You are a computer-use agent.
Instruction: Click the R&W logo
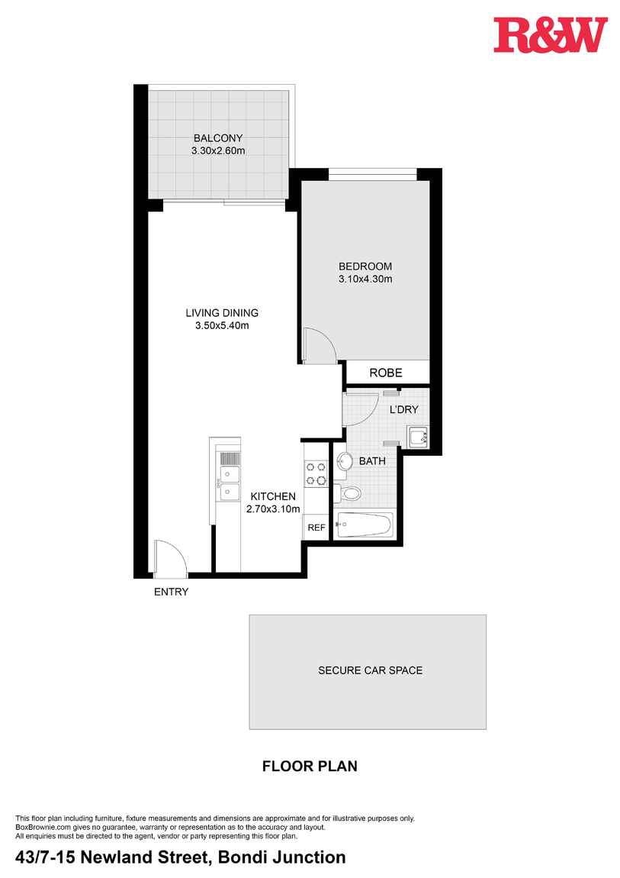click(x=551, y=36)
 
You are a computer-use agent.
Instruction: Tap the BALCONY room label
click(x=218, y=138)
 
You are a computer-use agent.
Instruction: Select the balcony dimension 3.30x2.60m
click(x=218, y=150)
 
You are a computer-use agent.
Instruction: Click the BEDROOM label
click(x=365, y=266)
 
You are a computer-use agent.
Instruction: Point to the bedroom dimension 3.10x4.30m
click(x=365, y=279)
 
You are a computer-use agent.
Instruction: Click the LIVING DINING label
click(x=222, y=312)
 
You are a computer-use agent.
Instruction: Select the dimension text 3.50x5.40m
click(x=222, y=325)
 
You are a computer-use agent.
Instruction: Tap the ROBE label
click(x=386, y=373)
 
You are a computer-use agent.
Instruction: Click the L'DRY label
click(x=404, y=410)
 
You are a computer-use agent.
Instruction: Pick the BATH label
click(x=372, y=461)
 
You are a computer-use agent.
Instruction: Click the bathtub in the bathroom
click(x=365, y=525)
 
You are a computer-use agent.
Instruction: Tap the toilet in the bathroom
click(x=349, y=492)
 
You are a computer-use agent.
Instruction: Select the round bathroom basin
click(x=345, y=461)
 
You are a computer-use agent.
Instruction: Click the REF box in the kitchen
click(x=316, y=528)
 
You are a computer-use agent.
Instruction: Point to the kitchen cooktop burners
click(x=316, y=473)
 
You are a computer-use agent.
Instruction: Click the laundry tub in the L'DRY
click(x=418, y=437)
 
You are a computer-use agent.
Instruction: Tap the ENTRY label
click(x=171, y=592)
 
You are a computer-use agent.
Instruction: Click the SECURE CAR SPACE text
click(x=370, y=671)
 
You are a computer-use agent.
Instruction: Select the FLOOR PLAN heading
click(x=310, y=766)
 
